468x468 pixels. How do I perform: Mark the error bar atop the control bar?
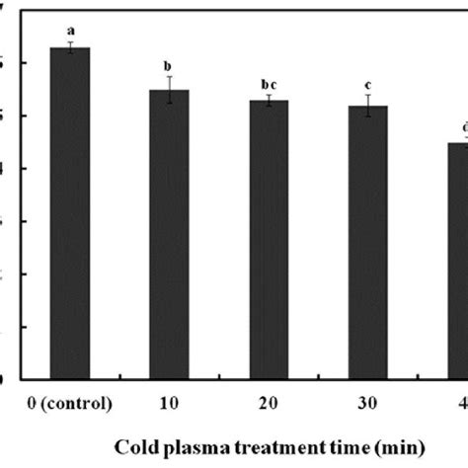70,47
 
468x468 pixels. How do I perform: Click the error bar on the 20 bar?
268,101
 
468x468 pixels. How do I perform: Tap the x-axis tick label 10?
169,405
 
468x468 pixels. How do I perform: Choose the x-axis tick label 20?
268,405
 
